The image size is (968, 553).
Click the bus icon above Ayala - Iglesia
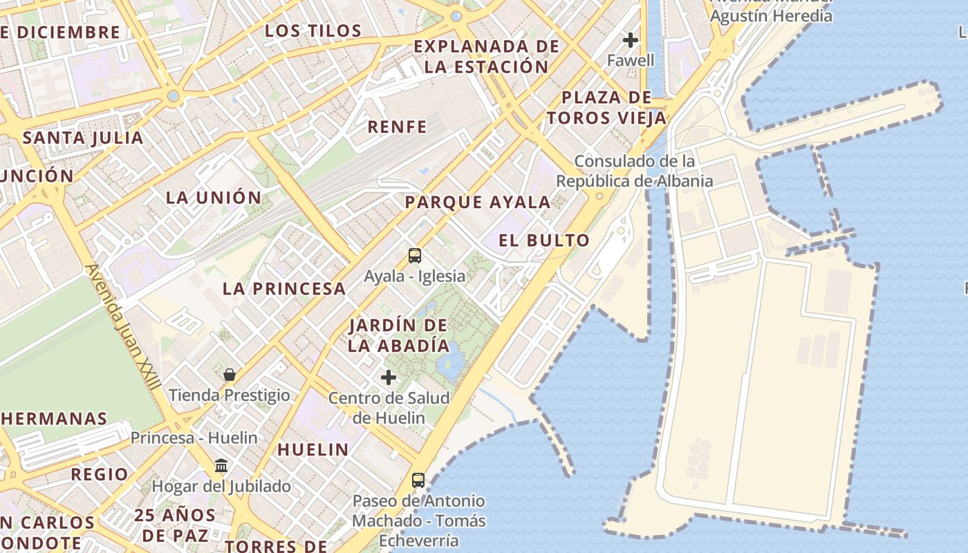tap(415, 256)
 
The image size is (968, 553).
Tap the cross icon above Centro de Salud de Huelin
tap(389, 377)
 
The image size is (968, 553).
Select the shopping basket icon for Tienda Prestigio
tap(230, 375)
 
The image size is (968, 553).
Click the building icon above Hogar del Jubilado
tap(221, 466)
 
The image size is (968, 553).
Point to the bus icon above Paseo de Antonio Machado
tap(418, 480)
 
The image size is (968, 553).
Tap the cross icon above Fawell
tap(630, 39)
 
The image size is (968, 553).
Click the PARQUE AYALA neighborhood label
tap(478, 203)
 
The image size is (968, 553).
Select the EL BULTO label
tap(545, 241)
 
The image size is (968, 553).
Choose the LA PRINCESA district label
tap(284, 289)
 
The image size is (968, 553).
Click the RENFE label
tap(397, 126)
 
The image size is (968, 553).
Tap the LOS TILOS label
tap(313, 31)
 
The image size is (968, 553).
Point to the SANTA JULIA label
tap(83, 138)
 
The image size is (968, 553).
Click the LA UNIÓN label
tap(214, 198)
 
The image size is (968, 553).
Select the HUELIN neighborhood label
tap(313, 450)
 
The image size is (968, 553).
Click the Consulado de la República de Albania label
tap(635, 171)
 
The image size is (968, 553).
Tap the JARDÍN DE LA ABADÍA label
tap(398, 335)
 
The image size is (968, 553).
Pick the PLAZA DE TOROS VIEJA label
tap(606, 108)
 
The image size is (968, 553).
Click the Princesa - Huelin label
tap(194, 438)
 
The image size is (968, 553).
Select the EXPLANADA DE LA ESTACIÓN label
tap(486, 57)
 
